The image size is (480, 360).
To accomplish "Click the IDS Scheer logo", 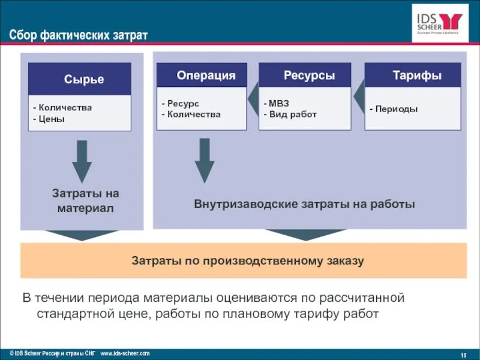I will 440,23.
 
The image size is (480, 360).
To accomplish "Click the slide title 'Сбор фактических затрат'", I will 78,35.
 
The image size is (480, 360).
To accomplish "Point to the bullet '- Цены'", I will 49,119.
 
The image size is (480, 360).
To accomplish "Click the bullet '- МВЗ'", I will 277,104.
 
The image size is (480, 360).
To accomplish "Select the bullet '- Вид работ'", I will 290,114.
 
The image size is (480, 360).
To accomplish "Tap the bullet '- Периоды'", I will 394,109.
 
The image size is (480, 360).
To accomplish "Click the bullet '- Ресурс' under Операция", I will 180,104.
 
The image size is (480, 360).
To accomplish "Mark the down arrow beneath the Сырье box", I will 82,161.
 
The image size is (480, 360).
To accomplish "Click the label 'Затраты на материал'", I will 85,201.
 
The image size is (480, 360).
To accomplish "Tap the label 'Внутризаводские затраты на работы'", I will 304,204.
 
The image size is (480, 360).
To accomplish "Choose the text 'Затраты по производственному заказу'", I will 248,261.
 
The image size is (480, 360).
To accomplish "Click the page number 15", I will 463,354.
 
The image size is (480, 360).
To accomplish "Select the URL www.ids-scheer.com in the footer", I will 125,353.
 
